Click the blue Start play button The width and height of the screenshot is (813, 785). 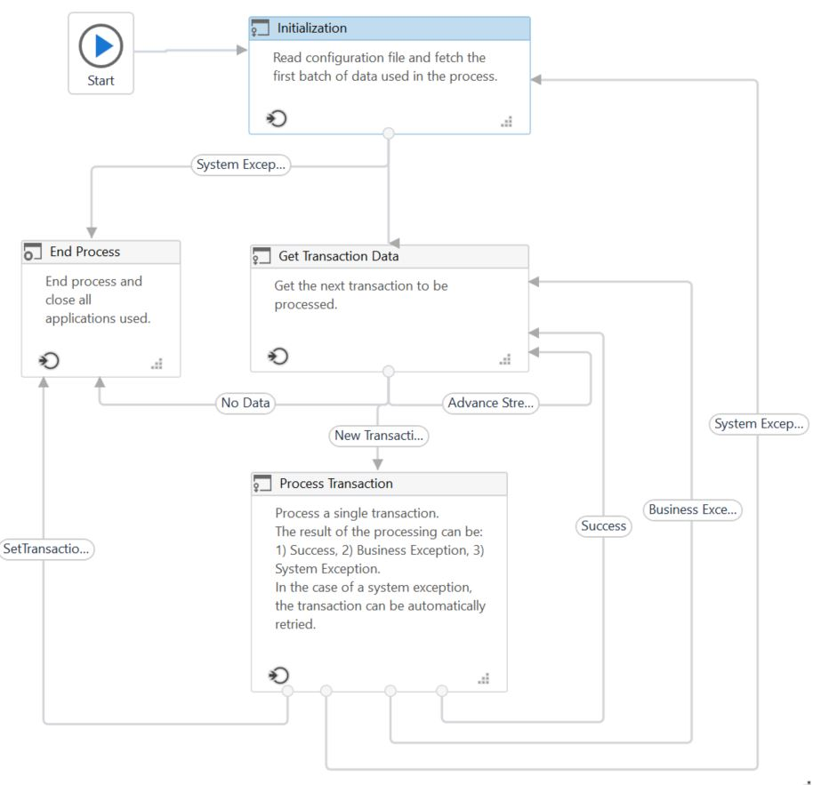[101, 45]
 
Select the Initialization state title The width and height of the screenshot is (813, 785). [311, 28]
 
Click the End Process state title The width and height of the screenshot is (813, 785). [85, 252]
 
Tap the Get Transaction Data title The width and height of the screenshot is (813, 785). [338, 256]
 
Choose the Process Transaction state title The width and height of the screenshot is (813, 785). [335, 484]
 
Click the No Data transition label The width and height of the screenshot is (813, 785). [245, 403]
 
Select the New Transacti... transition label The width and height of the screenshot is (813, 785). [379, 436]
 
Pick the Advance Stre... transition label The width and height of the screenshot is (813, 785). [490, 403]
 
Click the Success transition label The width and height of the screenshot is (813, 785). [603, 525]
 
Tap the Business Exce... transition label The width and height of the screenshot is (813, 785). [692, 510]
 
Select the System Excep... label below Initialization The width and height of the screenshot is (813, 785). [240, 164]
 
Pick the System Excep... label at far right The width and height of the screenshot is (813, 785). [759, 424]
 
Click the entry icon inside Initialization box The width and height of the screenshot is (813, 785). [278, 119]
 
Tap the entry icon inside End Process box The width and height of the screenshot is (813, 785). [50, 360]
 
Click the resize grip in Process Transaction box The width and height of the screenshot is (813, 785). [483, 678]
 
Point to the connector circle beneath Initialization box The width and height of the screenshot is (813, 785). [388, 134]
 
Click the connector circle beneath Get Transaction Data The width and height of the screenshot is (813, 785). [388, 372]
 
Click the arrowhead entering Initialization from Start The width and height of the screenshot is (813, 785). [242, 50]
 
